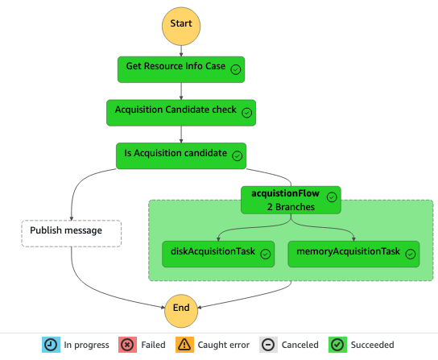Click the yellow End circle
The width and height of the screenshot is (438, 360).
click(180, 306)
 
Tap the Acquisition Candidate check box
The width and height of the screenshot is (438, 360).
click(180, 113)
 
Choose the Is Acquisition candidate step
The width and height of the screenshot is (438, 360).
click(180, 155)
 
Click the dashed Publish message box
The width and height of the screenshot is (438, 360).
click(71, 232)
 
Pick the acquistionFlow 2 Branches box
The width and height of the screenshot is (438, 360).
click(291, 200)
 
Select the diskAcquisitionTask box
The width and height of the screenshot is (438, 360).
click(218, 253)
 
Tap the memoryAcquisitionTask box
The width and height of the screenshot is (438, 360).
click(354, 253)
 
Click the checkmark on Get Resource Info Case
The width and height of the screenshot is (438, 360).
click(236, 70)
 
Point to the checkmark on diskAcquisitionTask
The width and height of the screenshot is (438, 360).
click(266, 254)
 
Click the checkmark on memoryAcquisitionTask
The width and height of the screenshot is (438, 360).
click(411, 254)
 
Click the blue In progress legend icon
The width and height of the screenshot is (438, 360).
click(51, 345)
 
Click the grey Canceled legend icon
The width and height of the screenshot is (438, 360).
click(268, 345)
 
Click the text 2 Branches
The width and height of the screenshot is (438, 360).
click(291, 207)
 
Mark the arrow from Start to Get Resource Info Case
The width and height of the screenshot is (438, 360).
click(180, 51)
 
